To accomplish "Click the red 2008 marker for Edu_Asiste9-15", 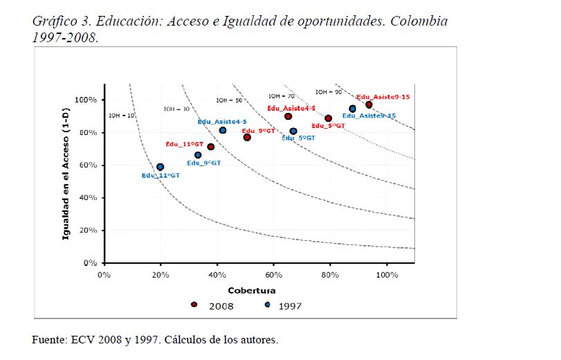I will tap(369, 105).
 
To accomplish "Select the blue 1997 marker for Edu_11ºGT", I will tap(160, 167).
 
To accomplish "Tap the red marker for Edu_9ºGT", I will tap(247, 138).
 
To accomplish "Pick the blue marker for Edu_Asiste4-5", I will tap(222, 130).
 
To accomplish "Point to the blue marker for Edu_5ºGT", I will tap(293, 131).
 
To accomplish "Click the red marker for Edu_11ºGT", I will tap(211, 147).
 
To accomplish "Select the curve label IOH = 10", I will tap(122, 116).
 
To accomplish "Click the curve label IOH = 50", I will tap(229, 100).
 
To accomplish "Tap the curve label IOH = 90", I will tap(328, 92).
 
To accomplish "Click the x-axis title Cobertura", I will tap(252, 290).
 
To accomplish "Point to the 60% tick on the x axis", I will tap(274, 274).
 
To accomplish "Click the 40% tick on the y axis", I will tap(89, 198).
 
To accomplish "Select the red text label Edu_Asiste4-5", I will tap(292, 109).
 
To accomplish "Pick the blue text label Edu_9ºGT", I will tap(204, 163).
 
